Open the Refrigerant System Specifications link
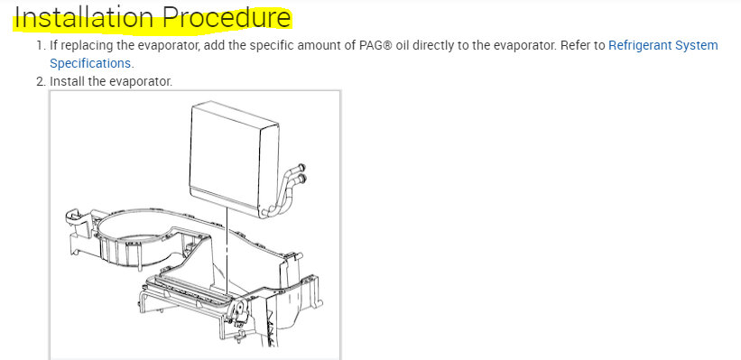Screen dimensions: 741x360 [x=663, y=45]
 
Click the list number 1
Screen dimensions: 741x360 [x=40, y=45]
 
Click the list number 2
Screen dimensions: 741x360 [x=40, y=82]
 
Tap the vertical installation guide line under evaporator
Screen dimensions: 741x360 [x=227, y=244]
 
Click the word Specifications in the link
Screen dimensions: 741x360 [x=90, y=63]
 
